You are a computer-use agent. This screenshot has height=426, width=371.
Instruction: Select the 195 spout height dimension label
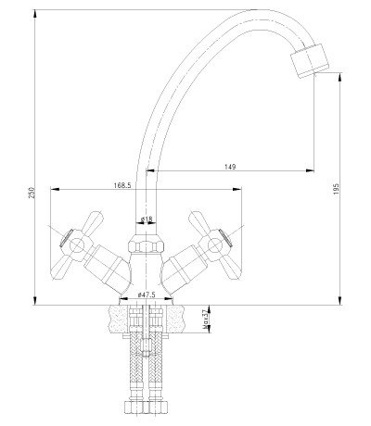(337, 189)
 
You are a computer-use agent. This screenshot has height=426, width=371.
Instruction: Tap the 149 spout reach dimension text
(230, 167)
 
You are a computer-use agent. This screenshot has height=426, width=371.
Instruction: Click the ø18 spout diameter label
(147, 219)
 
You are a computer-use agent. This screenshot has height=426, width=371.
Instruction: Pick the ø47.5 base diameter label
(147, 294)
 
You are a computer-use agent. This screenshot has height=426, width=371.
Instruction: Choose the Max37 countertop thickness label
(204, 320)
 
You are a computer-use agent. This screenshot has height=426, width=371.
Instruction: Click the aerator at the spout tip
(309, 60)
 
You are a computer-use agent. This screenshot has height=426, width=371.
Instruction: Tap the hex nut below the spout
(146, 244)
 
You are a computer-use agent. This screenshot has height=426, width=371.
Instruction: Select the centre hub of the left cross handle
(76, 246)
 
